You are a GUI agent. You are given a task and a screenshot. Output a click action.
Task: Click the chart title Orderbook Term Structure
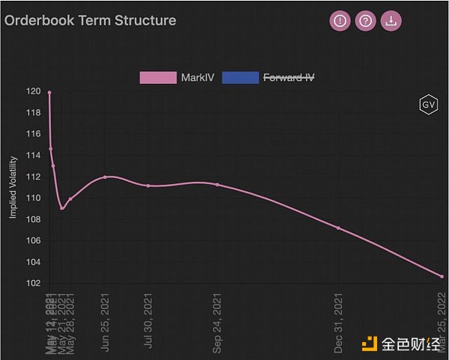point(91,20)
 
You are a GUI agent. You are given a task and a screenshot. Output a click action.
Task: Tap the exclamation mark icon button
point(340,21)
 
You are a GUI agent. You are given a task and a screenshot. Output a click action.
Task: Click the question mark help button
point(365,21)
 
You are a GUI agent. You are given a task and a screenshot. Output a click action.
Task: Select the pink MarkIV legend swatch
point(158,77)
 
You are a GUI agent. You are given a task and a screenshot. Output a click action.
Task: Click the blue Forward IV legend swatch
point(240,77)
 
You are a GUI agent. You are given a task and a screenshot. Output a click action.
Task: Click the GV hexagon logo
point(429,106)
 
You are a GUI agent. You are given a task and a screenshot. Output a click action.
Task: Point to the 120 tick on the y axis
point(33,91)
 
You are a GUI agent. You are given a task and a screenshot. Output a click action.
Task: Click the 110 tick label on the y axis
point(33,198)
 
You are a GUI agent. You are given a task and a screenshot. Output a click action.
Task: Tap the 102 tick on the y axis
point(33,283)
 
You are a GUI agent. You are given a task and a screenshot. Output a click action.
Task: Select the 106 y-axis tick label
point(33,240)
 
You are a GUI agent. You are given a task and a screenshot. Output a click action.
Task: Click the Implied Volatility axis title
point(13,188)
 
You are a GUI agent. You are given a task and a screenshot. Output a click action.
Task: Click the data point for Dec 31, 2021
point(338,228)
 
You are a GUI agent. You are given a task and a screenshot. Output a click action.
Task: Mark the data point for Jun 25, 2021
point(106,177)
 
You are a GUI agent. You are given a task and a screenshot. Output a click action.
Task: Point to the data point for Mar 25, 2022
point(442,276)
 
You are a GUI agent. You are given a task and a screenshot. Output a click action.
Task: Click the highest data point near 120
point(49,93)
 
